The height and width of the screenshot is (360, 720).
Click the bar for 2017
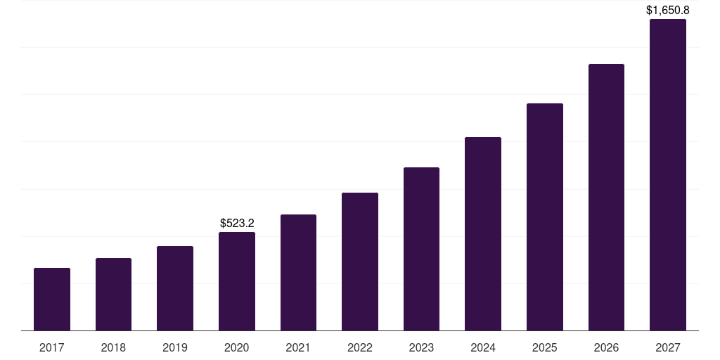click(52, 299)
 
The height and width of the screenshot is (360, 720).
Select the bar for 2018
click(113, 294)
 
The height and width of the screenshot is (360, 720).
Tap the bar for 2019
click(175, 288)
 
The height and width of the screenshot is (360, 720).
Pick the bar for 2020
click(237, 281)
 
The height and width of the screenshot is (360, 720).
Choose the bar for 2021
click(298, 272)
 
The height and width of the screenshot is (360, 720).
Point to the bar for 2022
click(360, 262)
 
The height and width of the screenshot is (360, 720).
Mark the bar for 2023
click(421, 249)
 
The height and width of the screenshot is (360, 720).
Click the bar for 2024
click(483, 233)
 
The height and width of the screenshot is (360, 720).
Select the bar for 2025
click(545, 217)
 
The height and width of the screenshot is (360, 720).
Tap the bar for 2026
click(606, 197)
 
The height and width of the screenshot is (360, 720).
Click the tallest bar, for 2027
click(668, 174)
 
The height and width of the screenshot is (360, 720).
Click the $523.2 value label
click(237, 223)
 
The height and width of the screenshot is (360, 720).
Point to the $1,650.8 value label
click(668, 11)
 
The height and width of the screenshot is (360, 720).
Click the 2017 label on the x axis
click(52, 347)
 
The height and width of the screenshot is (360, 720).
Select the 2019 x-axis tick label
click(175, 347)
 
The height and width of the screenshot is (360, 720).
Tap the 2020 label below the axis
click(237, 347)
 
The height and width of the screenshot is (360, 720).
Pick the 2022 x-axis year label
click(360, 347)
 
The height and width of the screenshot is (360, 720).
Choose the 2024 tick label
click(483, 347)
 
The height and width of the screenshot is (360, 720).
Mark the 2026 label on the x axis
click(606, 347)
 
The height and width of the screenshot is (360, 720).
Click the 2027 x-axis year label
click(668, 347)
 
